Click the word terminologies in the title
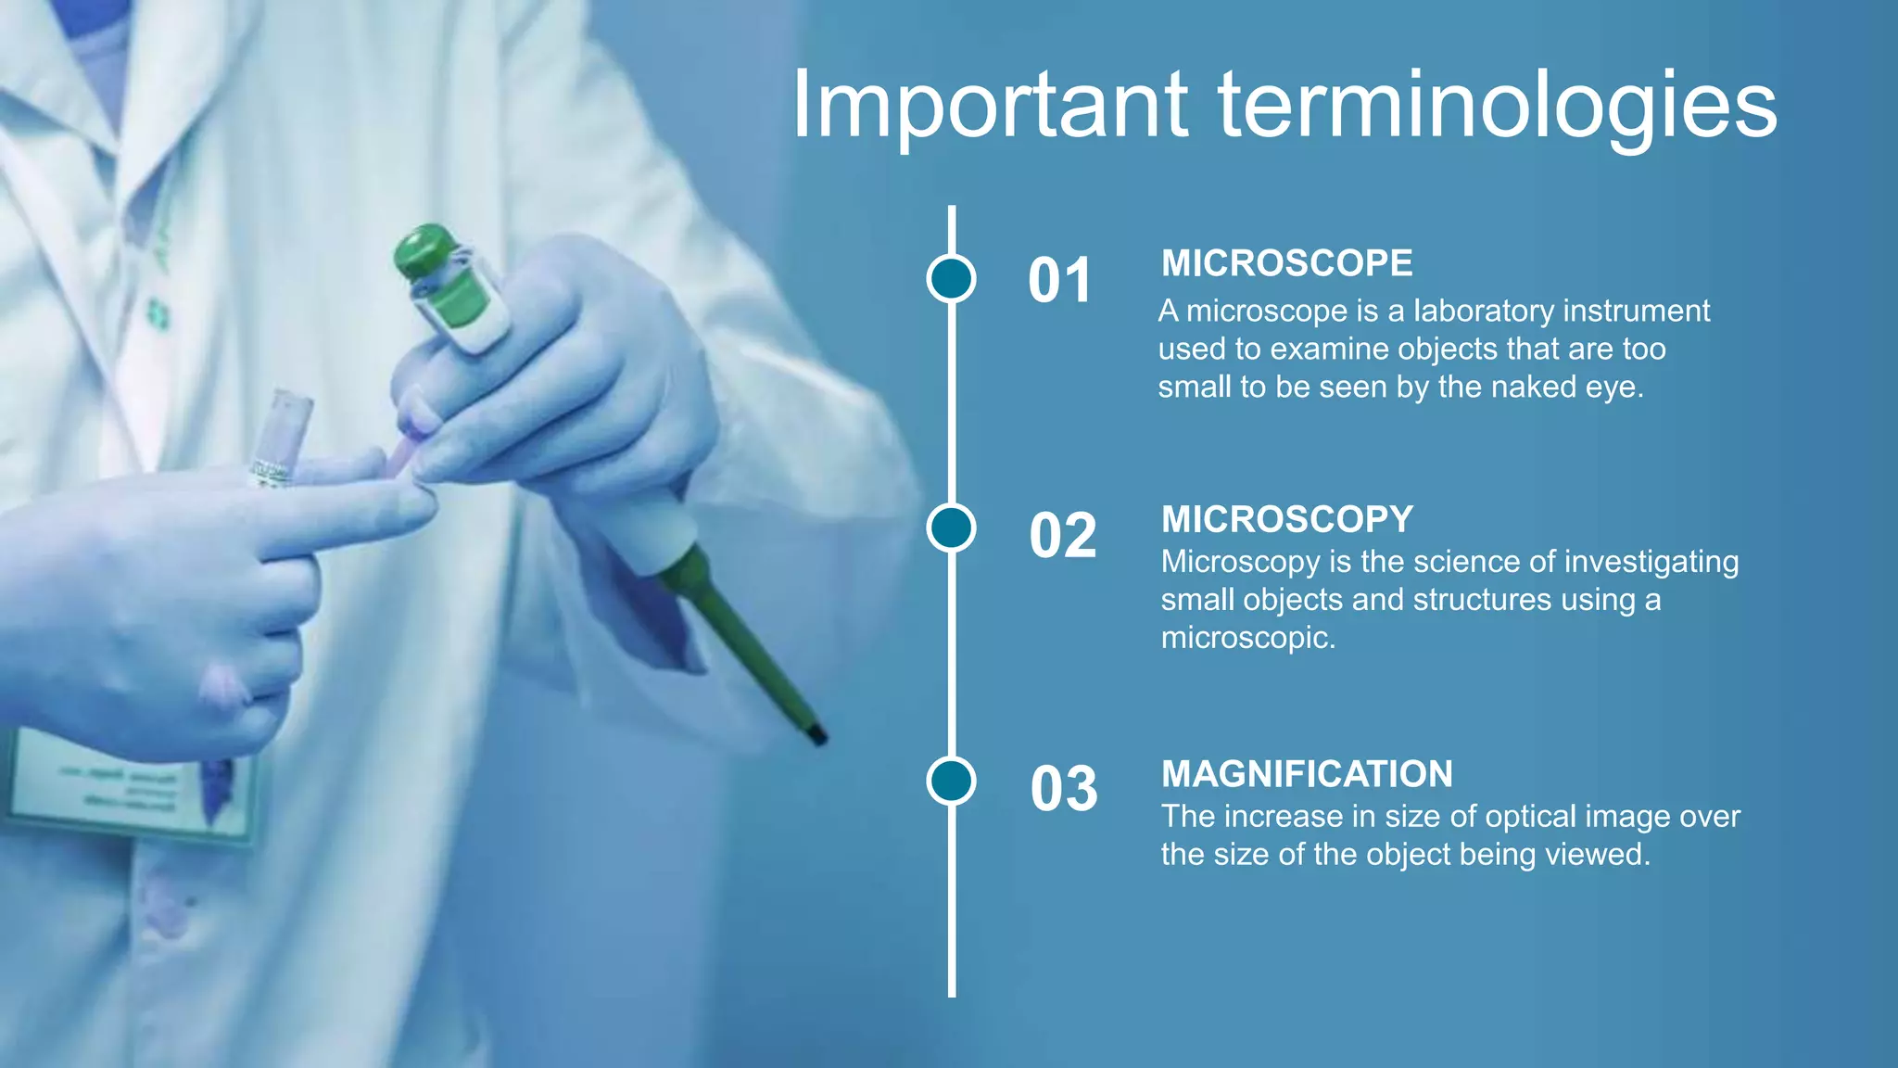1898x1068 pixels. click(1497, 106)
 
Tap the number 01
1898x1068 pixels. click(1060, 281)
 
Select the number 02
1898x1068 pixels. click(1063, 536)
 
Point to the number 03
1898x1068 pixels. click(1064, 790)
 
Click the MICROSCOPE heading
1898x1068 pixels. click(1287, 263)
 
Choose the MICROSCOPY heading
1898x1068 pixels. click(1287, 519)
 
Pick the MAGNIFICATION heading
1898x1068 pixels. click(1307, 774)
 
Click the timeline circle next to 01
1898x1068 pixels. click(951, 278)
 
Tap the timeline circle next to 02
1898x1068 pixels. click(951, 528)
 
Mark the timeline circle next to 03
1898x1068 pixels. click(951, 780)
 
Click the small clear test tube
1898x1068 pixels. click(283, 436)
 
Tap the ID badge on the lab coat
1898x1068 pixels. click(130, 788)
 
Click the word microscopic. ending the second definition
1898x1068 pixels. click(1247, 638)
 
